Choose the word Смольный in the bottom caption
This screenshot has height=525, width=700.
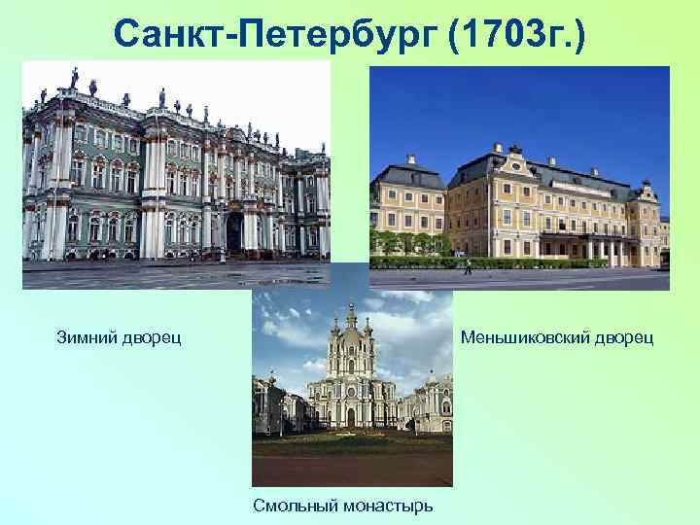coord(294,505)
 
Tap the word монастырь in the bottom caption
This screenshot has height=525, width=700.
coord(386,505)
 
